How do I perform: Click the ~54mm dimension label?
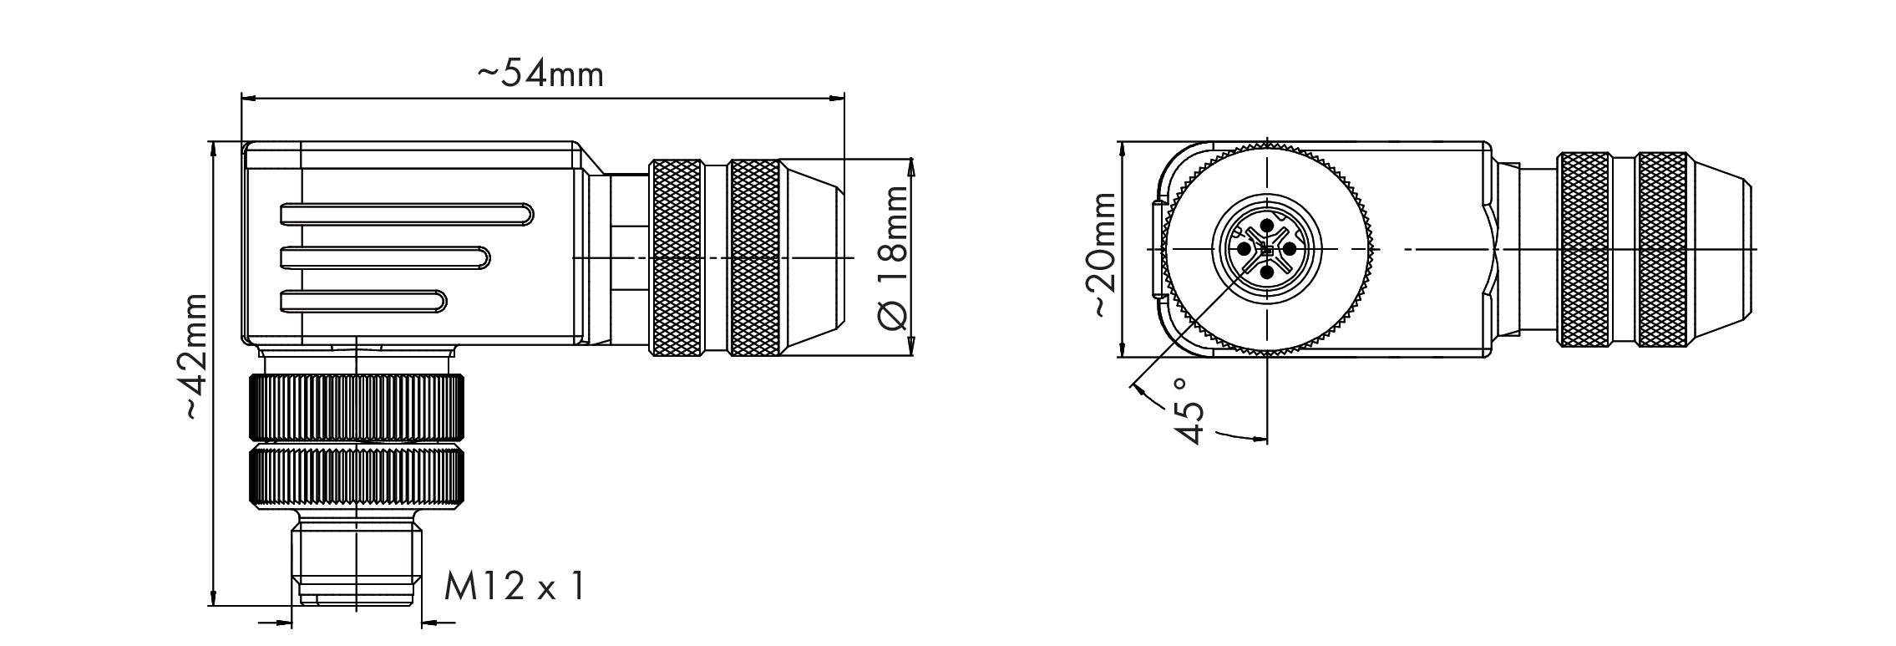point(540,74)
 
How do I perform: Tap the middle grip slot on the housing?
point(385,257)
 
